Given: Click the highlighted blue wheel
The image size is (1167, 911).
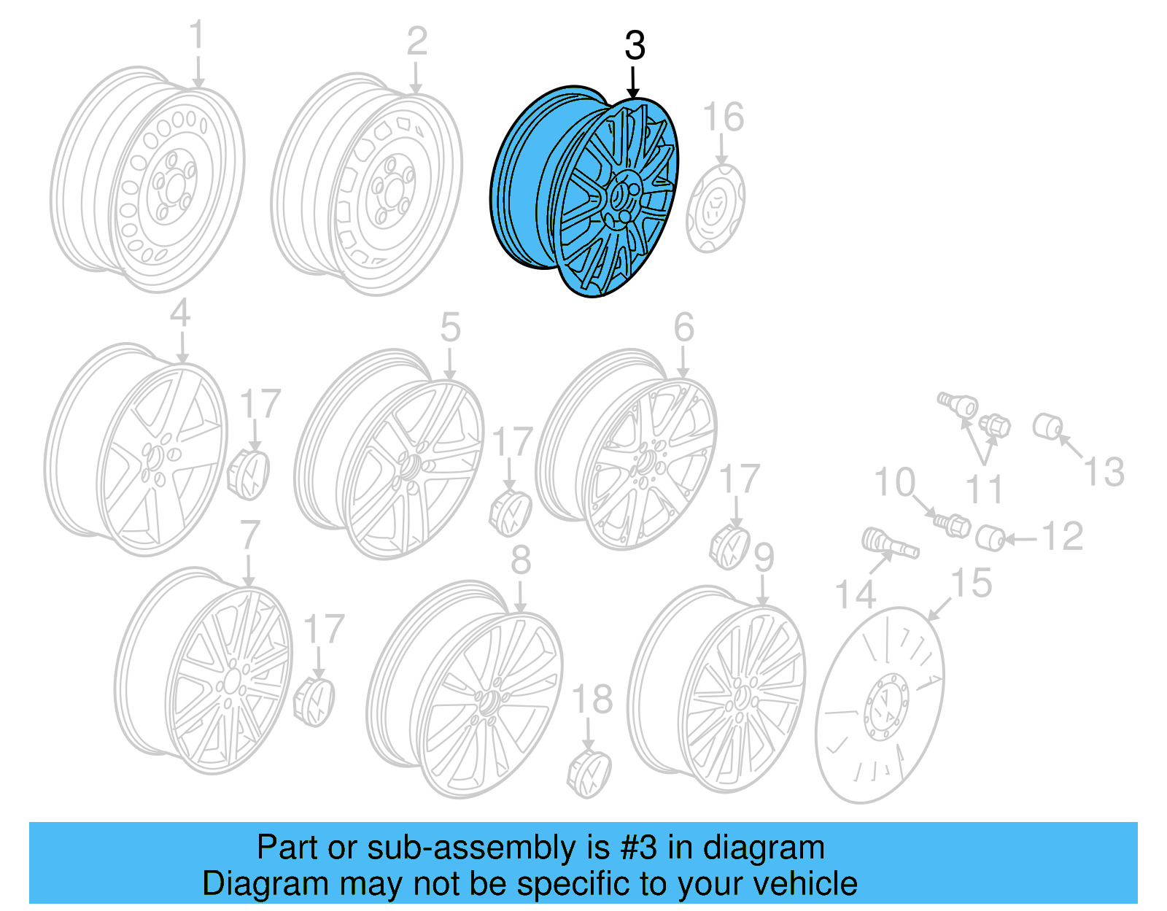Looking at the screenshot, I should click(x=583, y=193).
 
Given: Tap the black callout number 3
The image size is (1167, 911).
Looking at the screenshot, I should click(x=635, y=46).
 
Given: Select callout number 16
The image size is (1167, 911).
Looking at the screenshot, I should click(x=723, y=117).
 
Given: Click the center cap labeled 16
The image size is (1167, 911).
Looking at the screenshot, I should click(x=716, y=208).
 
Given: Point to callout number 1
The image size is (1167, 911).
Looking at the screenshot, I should click(x=197, y=36).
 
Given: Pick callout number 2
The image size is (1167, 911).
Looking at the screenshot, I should click(x=416, y=42).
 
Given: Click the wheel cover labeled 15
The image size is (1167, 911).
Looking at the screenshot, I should click(x=880, y=705).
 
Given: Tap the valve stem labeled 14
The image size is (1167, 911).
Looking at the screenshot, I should click(x=890, y=544).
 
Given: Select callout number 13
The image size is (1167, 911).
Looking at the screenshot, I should click(x=1104, y=471).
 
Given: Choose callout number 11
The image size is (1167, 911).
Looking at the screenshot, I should click(x=985, y=489).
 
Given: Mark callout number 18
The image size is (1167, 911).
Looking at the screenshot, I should click(x=592, y=700).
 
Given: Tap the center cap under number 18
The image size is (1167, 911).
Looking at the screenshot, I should click(x=589, y=772).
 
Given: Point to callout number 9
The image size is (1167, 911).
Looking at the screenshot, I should click(x=763, y=559).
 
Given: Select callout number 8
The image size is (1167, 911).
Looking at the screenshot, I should click(x=521, y=560).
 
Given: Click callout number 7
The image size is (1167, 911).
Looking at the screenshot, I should click(x=249, y=535).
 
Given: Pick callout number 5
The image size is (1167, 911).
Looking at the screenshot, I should click(x=450, y=327).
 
